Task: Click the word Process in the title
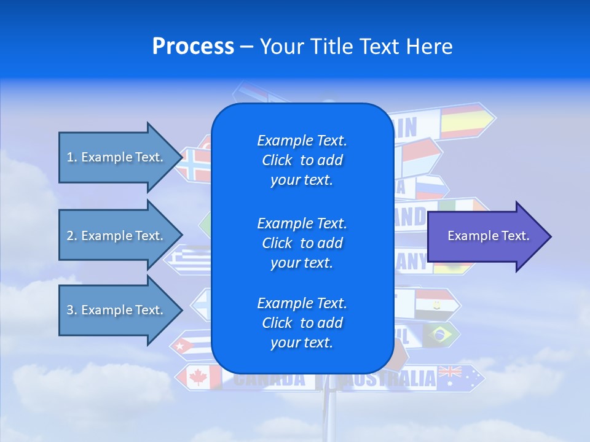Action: click(x=193, y=47)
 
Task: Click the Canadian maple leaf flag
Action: click(x=199, y=377)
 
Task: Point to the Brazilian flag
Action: click(x=438, y=335)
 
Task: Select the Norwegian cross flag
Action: click(x=196, y=164)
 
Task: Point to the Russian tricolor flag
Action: click(x=428, y=187)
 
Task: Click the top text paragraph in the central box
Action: click(x=302, y=160)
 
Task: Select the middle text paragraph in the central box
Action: click(x=302, y=243)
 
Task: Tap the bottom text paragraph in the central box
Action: click(x=302, y=323)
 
